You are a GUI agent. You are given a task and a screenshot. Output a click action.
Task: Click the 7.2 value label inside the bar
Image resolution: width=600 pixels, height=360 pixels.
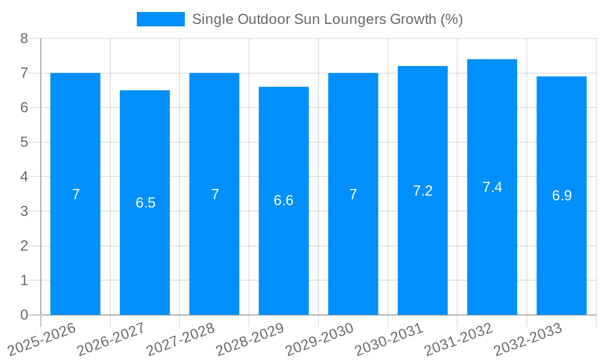pos(422,191)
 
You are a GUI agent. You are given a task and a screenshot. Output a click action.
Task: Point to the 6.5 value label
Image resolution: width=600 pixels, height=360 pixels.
pos(145,203)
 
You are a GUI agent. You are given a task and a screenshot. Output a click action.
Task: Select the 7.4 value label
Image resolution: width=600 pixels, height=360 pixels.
pos(492,187)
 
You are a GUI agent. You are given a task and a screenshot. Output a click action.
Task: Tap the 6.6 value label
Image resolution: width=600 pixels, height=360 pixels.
pos(283,200)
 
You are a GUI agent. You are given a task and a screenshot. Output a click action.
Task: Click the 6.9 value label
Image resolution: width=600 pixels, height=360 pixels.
pos(562,196)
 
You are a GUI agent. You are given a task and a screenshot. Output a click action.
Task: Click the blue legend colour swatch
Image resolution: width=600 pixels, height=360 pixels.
pos(160,19)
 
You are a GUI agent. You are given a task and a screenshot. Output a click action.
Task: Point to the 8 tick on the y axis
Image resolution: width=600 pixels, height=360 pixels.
pos(24,38)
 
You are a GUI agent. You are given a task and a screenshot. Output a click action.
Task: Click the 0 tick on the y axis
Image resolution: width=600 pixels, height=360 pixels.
pos(24,315)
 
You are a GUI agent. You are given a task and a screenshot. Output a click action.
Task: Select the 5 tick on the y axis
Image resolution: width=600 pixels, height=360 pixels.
pos(24,142)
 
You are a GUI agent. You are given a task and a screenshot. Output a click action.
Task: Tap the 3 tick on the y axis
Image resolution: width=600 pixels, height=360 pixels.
pos(24,211)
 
